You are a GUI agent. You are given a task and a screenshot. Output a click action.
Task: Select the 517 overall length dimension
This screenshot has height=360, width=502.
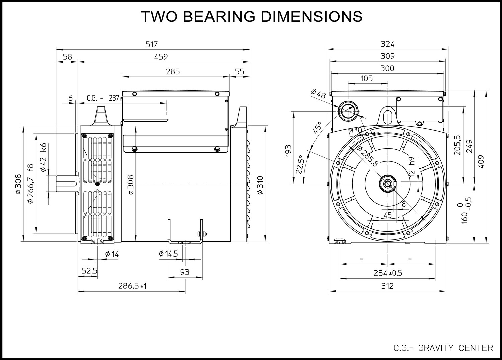click(x=152, y=44)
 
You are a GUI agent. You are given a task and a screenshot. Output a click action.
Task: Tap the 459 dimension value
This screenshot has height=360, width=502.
click(x=161, y=57)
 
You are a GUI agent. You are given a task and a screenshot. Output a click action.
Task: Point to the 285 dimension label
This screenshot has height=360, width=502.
click(x=173, y=71)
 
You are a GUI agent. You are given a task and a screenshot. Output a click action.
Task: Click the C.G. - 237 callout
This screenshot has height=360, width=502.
click(x=103, y=98)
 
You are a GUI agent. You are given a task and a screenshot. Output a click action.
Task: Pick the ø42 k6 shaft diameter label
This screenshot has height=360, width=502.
click(x=43, y=157)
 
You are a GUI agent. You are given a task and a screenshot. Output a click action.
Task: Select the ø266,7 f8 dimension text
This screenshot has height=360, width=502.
click(x=30, y=183)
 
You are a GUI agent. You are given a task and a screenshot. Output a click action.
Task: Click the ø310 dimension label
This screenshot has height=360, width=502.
click(x=260, y=185)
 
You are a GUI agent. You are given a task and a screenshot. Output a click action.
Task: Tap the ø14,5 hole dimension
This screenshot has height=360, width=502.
click(x=168, y=254)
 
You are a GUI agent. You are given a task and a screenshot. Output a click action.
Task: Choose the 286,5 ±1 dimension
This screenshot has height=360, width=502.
click(x=133, y=286)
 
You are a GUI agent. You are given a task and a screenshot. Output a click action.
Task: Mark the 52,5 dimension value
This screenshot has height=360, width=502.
click(x=89, y=271)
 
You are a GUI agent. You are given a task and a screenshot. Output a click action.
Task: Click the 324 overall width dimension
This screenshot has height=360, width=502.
click(x=387, y=44)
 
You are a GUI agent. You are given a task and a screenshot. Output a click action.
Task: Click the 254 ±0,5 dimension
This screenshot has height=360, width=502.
click(x=388, y=273)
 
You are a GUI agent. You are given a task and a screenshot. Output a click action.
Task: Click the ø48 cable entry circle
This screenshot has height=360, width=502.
click(x=348, y=111)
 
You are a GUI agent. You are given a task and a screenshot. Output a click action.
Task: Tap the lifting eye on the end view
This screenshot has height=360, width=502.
click(x=388, y=116)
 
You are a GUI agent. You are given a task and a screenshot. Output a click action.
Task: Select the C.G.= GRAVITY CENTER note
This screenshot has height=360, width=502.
click(x=443, y=348)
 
